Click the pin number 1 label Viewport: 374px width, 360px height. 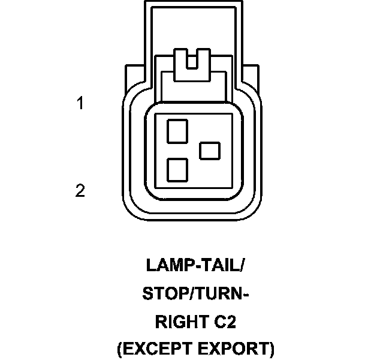pos(80,104)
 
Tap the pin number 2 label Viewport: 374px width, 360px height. pos(80,191)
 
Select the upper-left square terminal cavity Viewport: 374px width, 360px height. pos(177,130)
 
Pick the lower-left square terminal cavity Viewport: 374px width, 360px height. pos(177,170)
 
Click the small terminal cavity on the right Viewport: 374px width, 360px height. pos(210,150)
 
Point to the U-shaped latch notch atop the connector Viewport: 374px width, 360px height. pos(192,61)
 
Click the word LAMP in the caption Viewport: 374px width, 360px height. pos(166,265)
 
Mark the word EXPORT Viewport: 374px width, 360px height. pos(236,350)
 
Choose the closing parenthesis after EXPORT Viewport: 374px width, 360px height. pos(271,350)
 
